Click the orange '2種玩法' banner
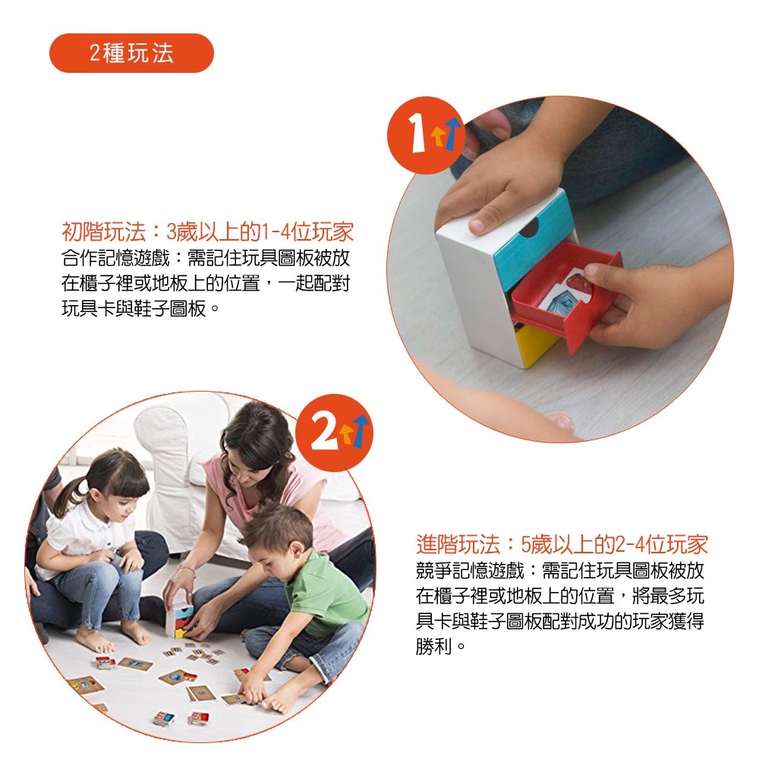click(x=131, y=53)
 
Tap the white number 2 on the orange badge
click(x=324, y=432)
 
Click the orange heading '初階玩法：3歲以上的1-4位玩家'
click(x=208, y=231)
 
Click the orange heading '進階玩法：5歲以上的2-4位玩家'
click(x=562, y=544)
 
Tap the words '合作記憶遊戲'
click(x=115, y=258)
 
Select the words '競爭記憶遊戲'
click(x=470, y=571)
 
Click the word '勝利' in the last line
click(x=433, y=646)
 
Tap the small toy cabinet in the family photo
click(x=178, y=619)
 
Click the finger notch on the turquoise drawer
click(x=528, y=228)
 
